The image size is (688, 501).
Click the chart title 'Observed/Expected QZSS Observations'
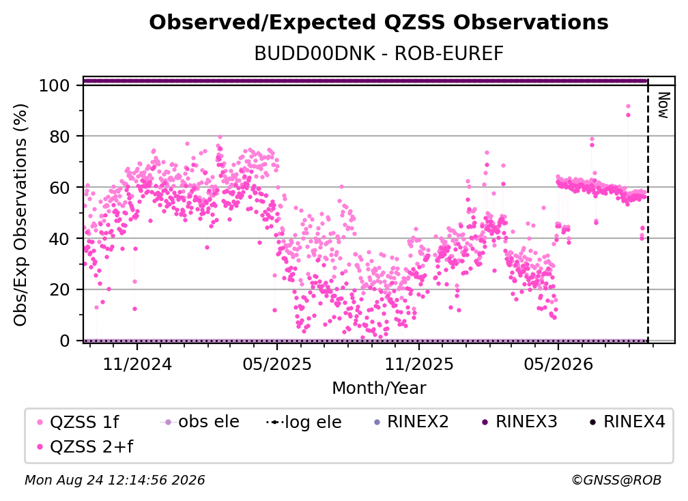pyautogui.click(x=379, y=23)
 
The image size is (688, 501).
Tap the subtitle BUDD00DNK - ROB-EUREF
pyautogui.click(x=379, y=54)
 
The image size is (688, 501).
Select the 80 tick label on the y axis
pyautogui.click(x=60, y=137)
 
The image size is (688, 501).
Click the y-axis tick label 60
pyautogui.click(x=60, y=188)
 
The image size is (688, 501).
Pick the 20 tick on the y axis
pyautogui.click(x=60, y=290)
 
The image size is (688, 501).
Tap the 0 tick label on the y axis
pyautogui.click(x=65, y=341)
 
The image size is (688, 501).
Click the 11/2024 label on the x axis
pyautogui.click(x=137, y=364)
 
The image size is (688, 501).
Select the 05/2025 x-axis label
pyautogui.click(x=277, y=364)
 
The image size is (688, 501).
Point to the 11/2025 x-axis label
pyautogui.click(x=419, y=364)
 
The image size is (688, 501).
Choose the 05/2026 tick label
pyautogui.click(x=558, y=364)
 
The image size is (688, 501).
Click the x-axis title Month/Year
pyautogui.click(x=379, y=388)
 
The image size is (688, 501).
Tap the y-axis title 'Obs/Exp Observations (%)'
pyautogui.click(x=20, y=215)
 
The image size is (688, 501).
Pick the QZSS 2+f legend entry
pyautogui.click(x=85, y=446)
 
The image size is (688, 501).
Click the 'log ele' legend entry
pyautogui.click(x=304, y=422)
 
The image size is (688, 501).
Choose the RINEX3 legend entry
pyautogui.click(x=519, y=422)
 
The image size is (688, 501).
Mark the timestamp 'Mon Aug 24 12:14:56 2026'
pyautogui.click(x=115, y=481)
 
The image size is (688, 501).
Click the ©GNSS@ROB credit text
pyautogui.click(x=616, y=481)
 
